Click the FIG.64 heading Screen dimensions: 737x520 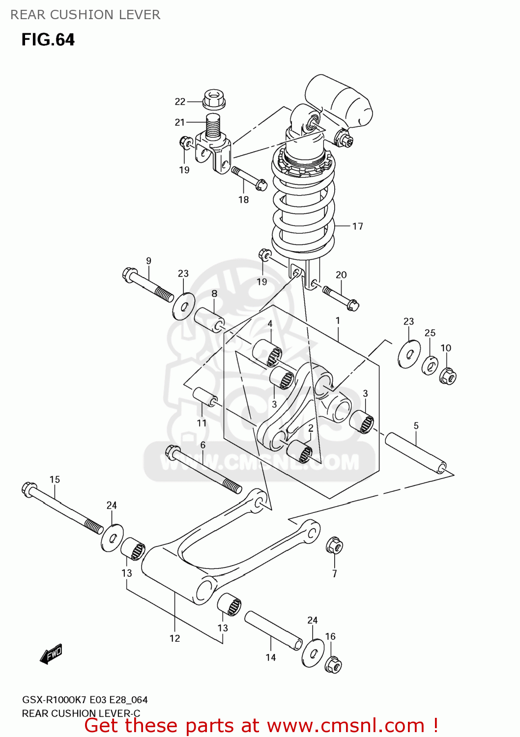tap(48, 40)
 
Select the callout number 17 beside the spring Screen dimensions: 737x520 tap(357, 226)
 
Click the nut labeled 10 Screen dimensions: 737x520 tap(448, 376)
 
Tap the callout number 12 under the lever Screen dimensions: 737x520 tap(174, 638)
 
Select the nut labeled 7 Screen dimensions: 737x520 tap(334, 545)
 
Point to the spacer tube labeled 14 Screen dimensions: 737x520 tap(273, 630)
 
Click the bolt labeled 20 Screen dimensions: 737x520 tap(340, 298)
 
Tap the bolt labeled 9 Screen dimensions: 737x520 tap(147, 285)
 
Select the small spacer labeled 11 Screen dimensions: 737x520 tap(205, 397)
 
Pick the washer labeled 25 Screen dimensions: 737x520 tap(430, 365)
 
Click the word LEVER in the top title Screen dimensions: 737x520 tap(142, 15)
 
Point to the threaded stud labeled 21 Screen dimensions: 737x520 tap(212, 126)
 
